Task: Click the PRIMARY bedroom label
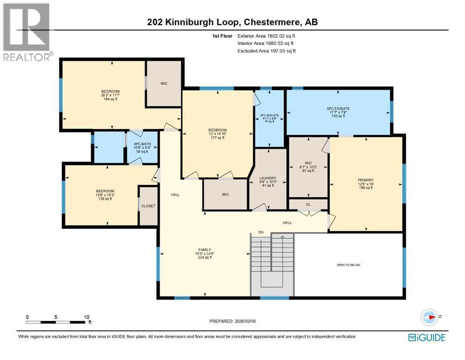point(366,180)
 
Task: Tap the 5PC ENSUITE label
point(338,108)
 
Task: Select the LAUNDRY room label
point(268,178)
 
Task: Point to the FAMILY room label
point(204,249)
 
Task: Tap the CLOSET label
point(148,206)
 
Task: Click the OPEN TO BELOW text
point(348,265)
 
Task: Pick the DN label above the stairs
point(262,232)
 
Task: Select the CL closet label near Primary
point(308,204)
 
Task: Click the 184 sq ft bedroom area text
point(111,99)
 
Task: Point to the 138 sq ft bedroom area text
point(105,199)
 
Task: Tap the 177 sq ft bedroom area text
point(217,138)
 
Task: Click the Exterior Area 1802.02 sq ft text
point(266,36)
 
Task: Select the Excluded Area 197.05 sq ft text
point(266,51)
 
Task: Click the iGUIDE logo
point(427,337)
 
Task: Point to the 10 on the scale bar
point(87,317)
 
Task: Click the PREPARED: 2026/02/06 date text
point(232,321)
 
